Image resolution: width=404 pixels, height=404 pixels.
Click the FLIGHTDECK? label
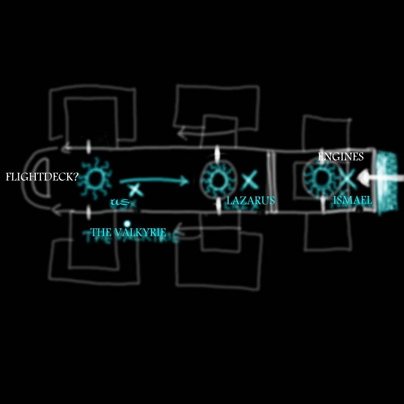click(42, 177)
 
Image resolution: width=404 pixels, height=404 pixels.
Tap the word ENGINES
click(340, 157)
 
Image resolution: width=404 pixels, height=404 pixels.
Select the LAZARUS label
click(250, 200)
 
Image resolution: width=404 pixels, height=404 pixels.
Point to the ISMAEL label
click(352, 200)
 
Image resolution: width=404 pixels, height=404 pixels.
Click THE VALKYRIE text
click(128, 232)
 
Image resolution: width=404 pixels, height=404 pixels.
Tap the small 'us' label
click(120, 201)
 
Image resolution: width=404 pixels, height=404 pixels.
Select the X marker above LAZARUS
click(249, 179)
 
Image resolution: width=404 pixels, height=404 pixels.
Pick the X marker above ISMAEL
click(347, 179)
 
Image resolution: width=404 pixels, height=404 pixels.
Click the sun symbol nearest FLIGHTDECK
click(95, 178)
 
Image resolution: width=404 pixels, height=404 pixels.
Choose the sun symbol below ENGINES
click(321, 178)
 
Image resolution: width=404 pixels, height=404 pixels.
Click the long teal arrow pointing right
click(154, 180)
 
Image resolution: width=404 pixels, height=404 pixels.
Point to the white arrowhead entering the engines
click(363, 178)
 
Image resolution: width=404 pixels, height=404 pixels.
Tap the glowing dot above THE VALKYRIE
click(127, 223)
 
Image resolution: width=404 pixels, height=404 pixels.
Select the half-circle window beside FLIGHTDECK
click(42, 178)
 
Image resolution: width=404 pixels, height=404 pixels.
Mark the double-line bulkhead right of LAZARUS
click(271, 181)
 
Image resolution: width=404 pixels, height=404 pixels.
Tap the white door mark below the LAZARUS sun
click(219, 206)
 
